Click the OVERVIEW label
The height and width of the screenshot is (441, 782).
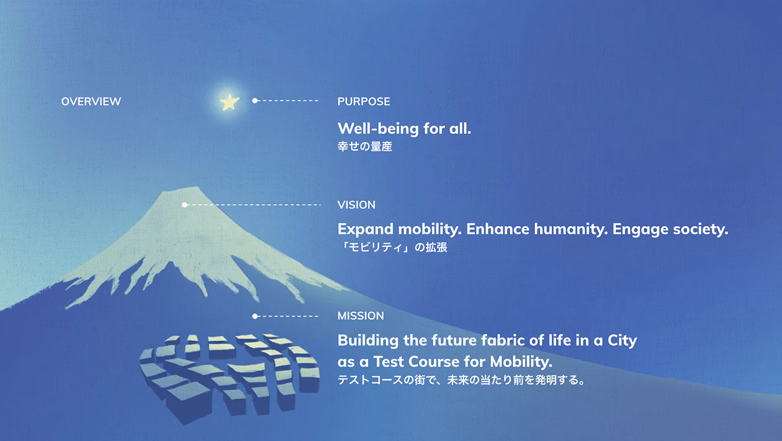coord(91,102)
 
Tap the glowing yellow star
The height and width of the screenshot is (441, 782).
coord(230,102)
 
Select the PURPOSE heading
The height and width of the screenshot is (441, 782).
coord(364,102)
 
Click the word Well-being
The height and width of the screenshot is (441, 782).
coord(378,129)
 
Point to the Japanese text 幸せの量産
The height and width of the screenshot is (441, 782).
coord(365,146)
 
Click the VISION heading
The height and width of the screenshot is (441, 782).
coord(356,205)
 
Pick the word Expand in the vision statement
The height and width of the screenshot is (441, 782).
coord(365,229)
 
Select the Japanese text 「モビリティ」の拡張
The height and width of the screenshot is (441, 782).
coord(392,247)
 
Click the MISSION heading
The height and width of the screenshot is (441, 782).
coord(361,316)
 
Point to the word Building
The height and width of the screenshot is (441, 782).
coord(368,341)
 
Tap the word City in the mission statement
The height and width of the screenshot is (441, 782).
coord(622,341)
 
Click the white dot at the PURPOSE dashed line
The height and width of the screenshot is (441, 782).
coord(255,101)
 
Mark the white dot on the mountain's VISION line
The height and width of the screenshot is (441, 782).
coord(184,205)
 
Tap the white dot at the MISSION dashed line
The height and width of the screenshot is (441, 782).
coord(255,316)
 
